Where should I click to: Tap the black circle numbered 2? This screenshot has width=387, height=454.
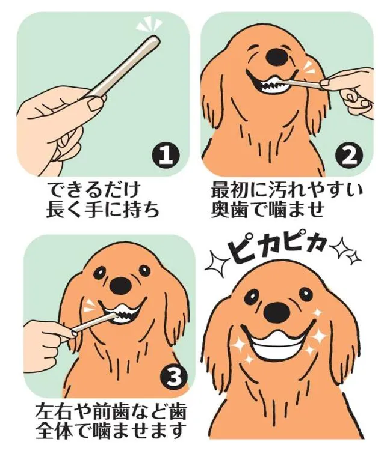click(x=349, y=156)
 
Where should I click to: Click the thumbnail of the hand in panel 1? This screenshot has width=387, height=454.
click(x=96, y=104)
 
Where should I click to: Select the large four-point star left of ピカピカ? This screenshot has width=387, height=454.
click(x=218, y=262)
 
